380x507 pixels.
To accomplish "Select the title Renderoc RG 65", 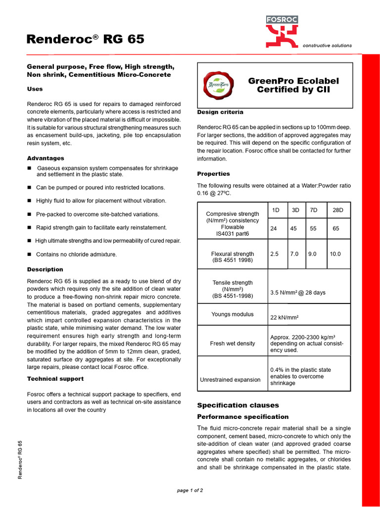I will pos(85,39).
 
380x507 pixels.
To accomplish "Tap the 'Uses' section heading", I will pos(35,89).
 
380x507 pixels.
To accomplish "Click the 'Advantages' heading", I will pos(46,158).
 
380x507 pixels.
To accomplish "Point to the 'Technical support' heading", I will pos(55,379).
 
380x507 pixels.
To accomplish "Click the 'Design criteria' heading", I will pos(220,112).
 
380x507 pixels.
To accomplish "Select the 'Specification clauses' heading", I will pos(238,405).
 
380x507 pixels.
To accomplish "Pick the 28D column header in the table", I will pos(338,210).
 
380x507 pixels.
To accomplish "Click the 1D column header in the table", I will pos(276,210).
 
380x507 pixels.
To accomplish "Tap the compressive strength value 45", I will pos(293,229).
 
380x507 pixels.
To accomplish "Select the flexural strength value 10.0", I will pos(335,254).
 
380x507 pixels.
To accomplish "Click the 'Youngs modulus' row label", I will pos(233,314).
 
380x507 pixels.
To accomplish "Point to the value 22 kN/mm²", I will pos(285,318).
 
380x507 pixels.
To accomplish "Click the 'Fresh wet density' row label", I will pos(233,344).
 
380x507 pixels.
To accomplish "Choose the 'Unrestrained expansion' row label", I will pos(230,380).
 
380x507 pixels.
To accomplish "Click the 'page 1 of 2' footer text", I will pos(190,490).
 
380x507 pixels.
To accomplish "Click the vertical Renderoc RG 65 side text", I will pos(20,459).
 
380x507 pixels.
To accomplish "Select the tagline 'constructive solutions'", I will pos(327,46).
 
